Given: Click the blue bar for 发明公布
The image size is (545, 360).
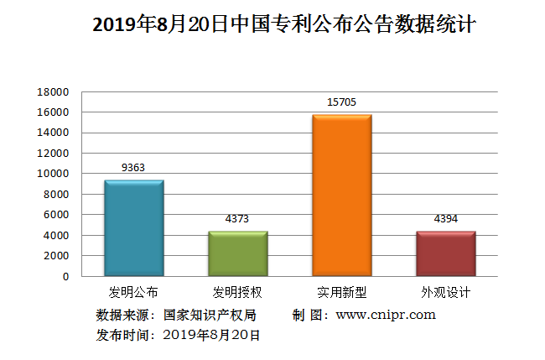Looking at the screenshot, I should tap(133, 228).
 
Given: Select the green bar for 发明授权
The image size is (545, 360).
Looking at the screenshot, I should tap(237, 253).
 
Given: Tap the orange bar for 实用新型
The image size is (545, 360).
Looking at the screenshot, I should tap(341, 196).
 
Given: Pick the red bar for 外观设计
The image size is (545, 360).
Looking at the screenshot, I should tap(445, 253).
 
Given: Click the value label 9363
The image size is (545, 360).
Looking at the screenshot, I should tap(133, 168).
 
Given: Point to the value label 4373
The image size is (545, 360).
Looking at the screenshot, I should tap(237, 219).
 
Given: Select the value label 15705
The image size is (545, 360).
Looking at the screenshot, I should tap(341, 102).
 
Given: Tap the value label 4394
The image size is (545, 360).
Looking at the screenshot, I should tap(445, 219).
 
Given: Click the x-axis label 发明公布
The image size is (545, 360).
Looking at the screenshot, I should tap(133, 293).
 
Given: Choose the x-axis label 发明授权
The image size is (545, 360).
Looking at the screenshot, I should tap(237, 293).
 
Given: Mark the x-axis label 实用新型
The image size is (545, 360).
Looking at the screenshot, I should tap(341, 293).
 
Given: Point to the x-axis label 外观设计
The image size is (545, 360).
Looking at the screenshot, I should tap(445, 293).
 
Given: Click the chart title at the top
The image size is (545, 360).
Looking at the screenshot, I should tap(272, 26).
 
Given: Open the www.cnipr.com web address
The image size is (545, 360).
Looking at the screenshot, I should tap(385, 316).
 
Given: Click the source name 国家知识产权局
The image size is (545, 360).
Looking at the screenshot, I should tap(209, 316).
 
